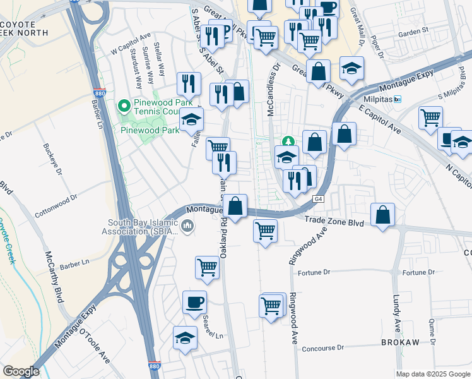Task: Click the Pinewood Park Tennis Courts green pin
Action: pyautogui.click(x=124, y=105)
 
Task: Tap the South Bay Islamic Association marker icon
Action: pyautogui.click(x=187, y=226)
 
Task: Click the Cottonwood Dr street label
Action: pyautogui.click(x=56, y=205)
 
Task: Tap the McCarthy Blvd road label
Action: pyautogui.click(x=55, y=277)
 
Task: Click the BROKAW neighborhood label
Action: pyautogui.click(x=400, y=342)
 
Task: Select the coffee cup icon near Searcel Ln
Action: pyautogui.click(x=194, y=301)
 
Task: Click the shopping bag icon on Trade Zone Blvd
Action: pyautogui.click(x=382, y=214)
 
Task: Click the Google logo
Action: pyautogui.click(x=21, y=371)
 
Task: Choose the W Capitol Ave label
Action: pyautogui.click(x=131, y=44)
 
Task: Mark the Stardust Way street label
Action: pyautogui.click(x=136, y=75)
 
